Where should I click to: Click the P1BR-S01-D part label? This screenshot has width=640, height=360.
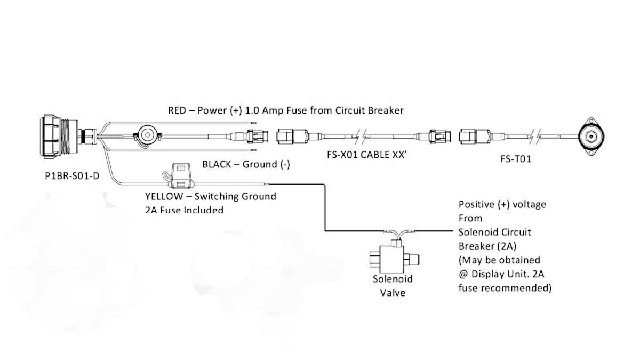pos(72,175)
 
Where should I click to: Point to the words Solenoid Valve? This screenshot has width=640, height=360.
pos(393,285)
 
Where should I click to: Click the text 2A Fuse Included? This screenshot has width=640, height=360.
pos(184,210)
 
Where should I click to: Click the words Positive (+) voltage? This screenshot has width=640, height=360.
pos(502,204)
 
